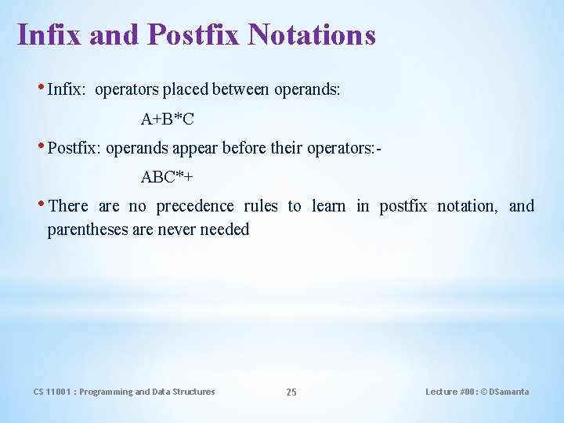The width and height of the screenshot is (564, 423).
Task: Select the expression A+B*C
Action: pyautogui.click(x=168, y=119)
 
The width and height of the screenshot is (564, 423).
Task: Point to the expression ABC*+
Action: pyautogui.click(x=167, y=177)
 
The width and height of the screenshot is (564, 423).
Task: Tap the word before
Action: pyautogui.click(x=250, y=148)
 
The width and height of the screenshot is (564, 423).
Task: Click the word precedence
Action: pyautogui.click(x=194, y=206)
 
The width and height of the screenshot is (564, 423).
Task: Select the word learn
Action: pyautogui.click(x=329, y=206)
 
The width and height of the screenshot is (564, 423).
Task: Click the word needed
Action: pyautogui.click(x=225, y=230)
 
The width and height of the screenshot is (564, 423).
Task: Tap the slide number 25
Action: pyautogui.click(x=291, y=392)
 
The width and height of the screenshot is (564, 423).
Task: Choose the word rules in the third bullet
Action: pyautogui.click(x=260, y=206)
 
